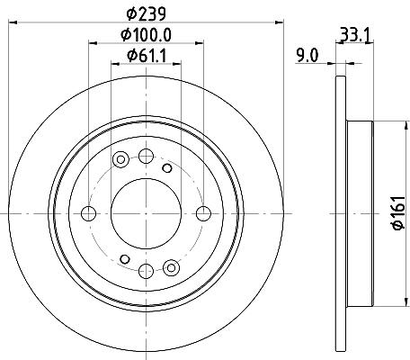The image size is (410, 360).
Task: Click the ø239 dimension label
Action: tap(146, 14)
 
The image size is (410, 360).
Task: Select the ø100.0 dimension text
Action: tap(146, 35)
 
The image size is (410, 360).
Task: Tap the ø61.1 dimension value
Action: tap(147, 56)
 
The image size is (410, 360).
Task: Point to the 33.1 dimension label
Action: tap(355, 34)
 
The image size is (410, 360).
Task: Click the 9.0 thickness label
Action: tap(307, 56)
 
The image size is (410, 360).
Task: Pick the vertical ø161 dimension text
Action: tap(399, 213)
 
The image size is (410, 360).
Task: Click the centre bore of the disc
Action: tap(146, 213)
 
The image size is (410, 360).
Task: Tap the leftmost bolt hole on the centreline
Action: tap(89, 213)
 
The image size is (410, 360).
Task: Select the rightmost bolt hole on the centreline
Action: tap(203, 213)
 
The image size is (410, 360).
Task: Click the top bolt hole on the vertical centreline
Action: tap(146, 156)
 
